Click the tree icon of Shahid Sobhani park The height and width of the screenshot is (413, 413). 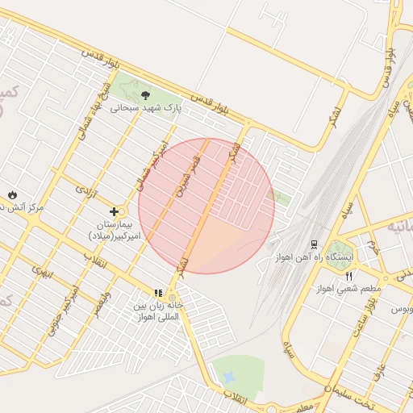coord(145,95)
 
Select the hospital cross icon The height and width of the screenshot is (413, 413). coord(114,211)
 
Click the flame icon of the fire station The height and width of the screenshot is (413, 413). coord(13,194)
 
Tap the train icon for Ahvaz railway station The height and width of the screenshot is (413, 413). coord(314,244)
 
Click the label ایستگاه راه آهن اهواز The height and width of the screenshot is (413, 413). coord(346,257)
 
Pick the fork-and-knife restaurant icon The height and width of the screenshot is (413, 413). coord(348,276)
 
